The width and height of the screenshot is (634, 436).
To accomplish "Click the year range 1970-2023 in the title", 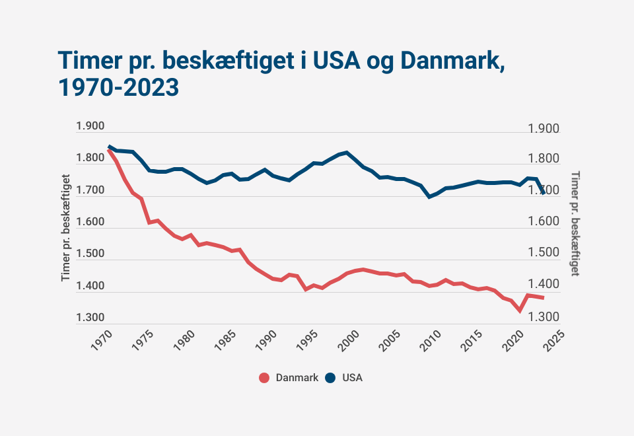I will click(x=119, y=87).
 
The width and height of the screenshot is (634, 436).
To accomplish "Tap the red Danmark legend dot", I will click(x=264, y=378).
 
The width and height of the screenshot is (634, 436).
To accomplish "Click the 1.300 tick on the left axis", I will click(x=90, y=318).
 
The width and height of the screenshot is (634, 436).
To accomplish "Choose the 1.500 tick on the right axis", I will click(x=544, y=254).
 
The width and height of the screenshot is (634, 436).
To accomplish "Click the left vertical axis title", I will click(x=66, y=228).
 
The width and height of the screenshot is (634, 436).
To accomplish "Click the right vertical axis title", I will click(x=575, y=223).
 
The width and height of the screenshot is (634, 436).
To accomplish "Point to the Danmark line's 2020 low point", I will click(x=520, y=310).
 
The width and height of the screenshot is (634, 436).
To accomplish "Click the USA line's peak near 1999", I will click(x=347, y=153).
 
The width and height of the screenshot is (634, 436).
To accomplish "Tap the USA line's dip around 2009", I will click(x=429, y=197).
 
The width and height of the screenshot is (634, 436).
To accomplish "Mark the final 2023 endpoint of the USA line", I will click(x=544, y=192).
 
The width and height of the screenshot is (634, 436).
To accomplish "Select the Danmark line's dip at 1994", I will click(x=306, y=289).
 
